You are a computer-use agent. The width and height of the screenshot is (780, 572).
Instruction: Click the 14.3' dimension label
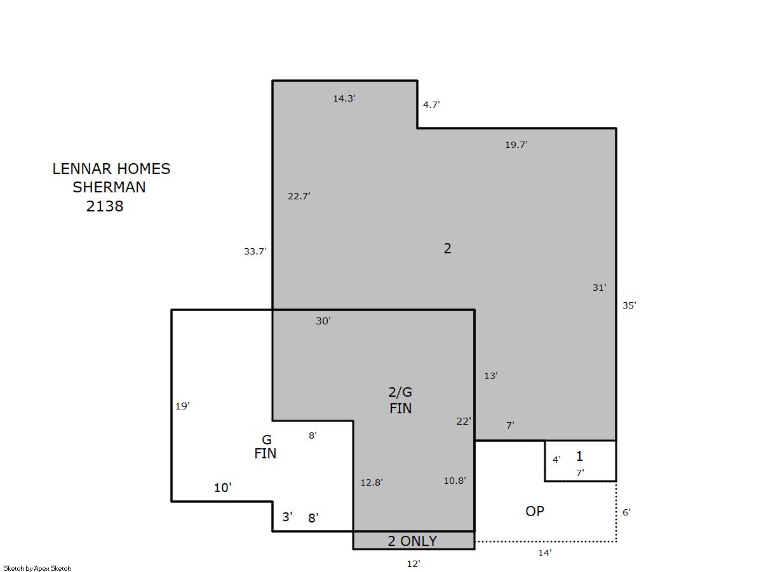(x=344, y=98)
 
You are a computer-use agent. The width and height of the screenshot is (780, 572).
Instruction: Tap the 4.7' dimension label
(x=431, y=105)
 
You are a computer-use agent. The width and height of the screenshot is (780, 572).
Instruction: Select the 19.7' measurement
(x=516, y=145)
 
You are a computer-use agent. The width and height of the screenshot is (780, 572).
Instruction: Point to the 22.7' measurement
(x=299, y=196)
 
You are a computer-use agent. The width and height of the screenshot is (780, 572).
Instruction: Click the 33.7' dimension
(x=255, y=251)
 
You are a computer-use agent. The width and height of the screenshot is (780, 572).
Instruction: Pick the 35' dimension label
(x=629, y=305)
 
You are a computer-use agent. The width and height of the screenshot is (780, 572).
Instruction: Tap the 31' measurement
(x=599, y=288)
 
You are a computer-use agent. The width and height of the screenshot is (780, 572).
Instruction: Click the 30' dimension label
(x=323, y=321)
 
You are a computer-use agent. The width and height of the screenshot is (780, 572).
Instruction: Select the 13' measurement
(x=491, y=376)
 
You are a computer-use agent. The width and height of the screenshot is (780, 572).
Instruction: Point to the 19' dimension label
(x=182, y=406)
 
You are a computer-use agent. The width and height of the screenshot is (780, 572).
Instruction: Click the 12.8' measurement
(x=372, y=482)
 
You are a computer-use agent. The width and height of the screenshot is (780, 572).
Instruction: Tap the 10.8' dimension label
(x=455, y=481)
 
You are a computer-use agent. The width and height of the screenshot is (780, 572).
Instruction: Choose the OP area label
(x=535, y=512)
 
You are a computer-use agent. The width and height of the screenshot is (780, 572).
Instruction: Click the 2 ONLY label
(x=412, y=542)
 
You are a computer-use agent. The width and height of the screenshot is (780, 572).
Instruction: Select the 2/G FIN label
(x=400, y=401)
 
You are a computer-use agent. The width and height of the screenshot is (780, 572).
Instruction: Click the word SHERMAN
(x=109, y=187)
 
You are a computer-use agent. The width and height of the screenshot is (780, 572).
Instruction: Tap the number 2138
(x=105, y=206)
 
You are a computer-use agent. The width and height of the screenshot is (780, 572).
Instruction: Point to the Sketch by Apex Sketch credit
(x=37, y=568)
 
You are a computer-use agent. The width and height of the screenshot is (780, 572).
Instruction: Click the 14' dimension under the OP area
(x=545, y=553)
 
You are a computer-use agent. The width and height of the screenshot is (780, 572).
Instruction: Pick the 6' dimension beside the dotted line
(x=626, y=512)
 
